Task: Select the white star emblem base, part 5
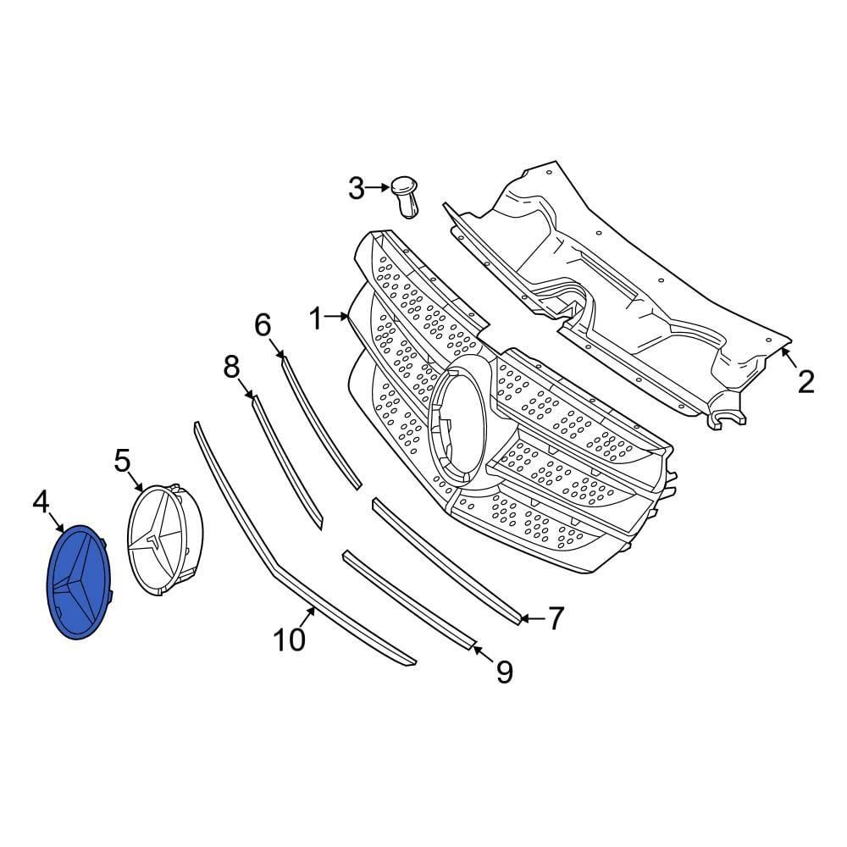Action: coord(165,542)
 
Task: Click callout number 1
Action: coord(316,319)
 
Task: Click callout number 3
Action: coord(356,188)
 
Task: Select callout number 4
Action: coord(41,502)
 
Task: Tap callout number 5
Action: coord(122,462)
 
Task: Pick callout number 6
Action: coord(262,324)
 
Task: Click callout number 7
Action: coord(555,618)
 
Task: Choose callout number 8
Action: coord(231,367)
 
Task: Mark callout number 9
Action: coord(504,673)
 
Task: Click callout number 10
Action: coord(290,640)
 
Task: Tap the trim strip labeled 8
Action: coord(288,462)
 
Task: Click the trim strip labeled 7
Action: coord(445,559)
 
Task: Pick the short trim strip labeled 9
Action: coord(407,600)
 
